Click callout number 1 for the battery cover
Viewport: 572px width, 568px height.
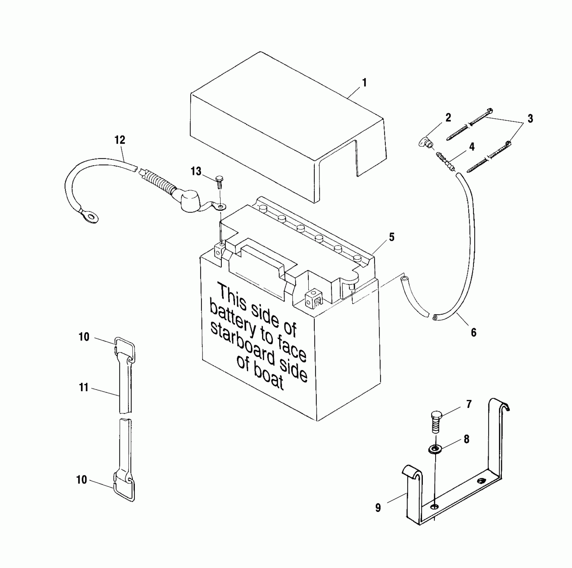click(x=364, y=82)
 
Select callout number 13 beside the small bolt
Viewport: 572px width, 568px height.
click(x=196, y=171)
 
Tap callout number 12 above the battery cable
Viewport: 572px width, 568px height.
click(x=120, y=140)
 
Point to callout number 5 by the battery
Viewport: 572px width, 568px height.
click(x=391, y=237)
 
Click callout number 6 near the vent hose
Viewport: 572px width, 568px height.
click(x=473, y=332)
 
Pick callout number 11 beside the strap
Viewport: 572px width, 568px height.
click(x=84, y=388)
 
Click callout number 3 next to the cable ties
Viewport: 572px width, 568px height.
click(x=530, y=119)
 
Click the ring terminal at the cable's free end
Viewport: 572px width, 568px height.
click(x=90, y=218)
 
